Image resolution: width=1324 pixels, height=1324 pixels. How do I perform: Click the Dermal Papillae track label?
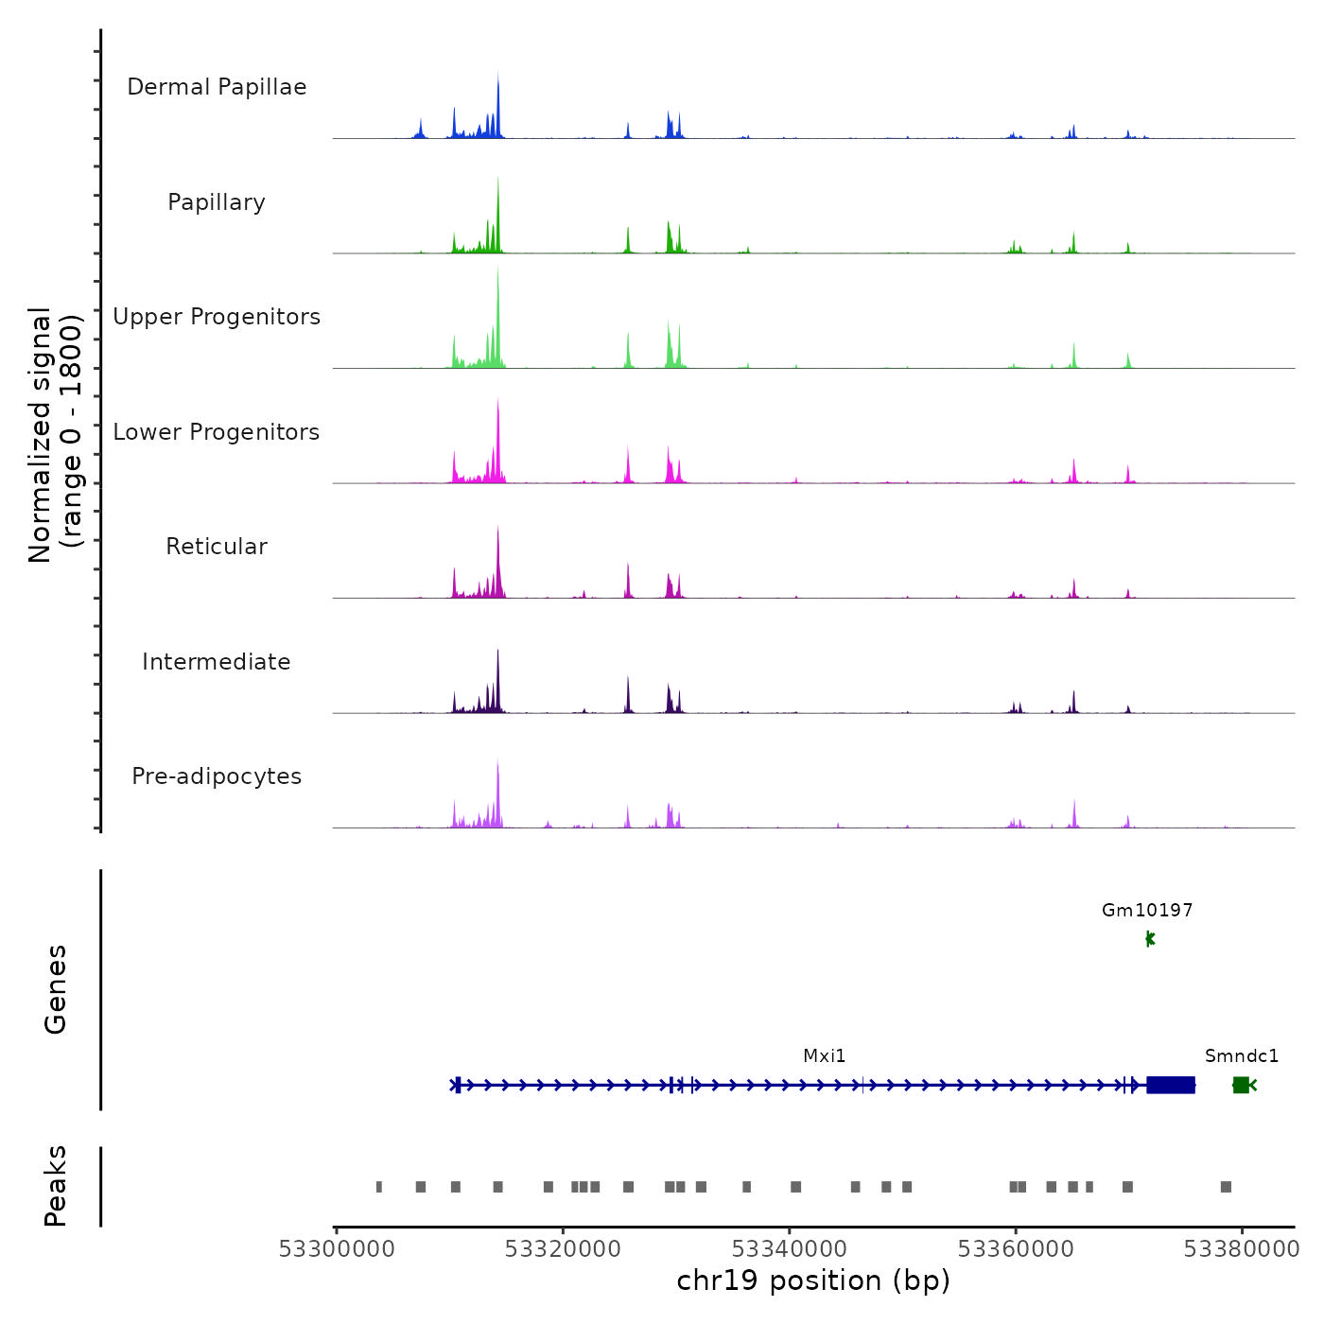(x=217, y=87)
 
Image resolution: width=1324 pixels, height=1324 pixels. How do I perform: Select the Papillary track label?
(x=217, y=202)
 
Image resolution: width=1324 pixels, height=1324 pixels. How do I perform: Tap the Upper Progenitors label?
(x=217, y=317)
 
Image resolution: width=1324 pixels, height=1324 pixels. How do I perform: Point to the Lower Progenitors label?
(x=217, y=432)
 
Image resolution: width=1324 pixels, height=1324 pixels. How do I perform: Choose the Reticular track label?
(x=217, y=547)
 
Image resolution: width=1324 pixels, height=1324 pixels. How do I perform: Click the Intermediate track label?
(x=217, y=662)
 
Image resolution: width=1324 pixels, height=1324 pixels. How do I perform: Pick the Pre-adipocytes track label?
(x=217, y=776)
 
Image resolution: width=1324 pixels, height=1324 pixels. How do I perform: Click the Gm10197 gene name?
(x=1147, y=911)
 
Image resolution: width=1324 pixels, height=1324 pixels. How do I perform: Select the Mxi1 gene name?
(x=825, y=1056)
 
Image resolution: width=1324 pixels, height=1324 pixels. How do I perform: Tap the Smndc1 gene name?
(x=1242, y=1056)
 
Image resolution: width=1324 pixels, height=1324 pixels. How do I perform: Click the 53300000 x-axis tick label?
(x=337, y=1249)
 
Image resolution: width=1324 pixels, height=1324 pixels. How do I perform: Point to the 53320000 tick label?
(x=563, y=1249)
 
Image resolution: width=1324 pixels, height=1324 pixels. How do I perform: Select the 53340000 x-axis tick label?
(x=790, y=1249)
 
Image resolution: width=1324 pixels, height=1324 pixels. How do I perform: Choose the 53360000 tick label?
(x=1016, y=1249)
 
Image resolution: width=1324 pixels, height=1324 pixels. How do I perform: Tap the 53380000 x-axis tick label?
(x=1242, y=1249)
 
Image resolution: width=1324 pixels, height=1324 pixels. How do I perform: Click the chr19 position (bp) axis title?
(x=813, y=1281)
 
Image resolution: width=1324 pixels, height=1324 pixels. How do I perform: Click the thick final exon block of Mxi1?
(x=1171, y=1085)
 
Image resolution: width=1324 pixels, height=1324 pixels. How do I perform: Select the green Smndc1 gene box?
(x=1241, y=1085)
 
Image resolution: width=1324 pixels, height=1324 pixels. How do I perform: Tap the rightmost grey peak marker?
(x=1226, y=1187)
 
